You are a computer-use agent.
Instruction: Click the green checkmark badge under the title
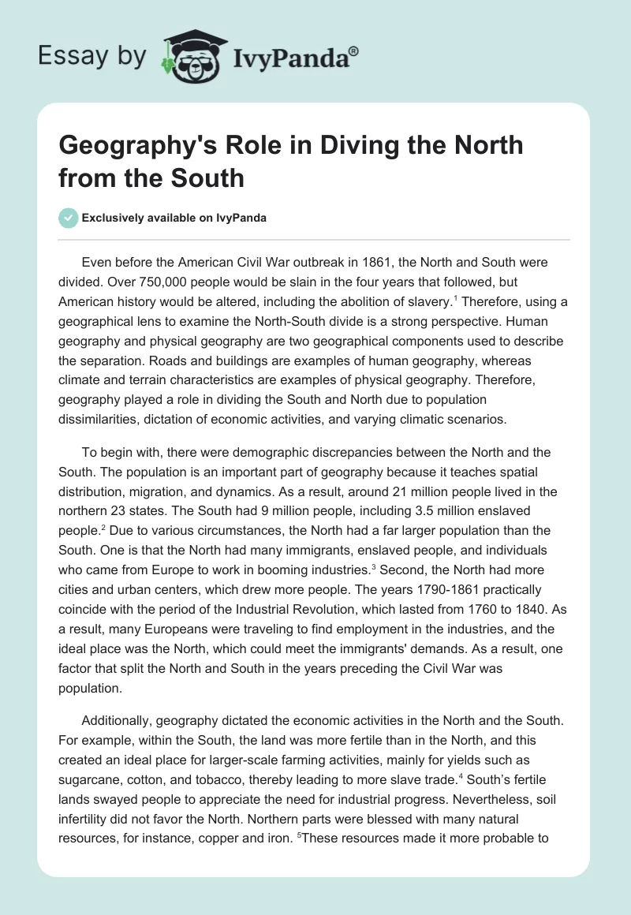click(68, 218)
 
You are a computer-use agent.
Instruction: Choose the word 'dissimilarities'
click(100, 420)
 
